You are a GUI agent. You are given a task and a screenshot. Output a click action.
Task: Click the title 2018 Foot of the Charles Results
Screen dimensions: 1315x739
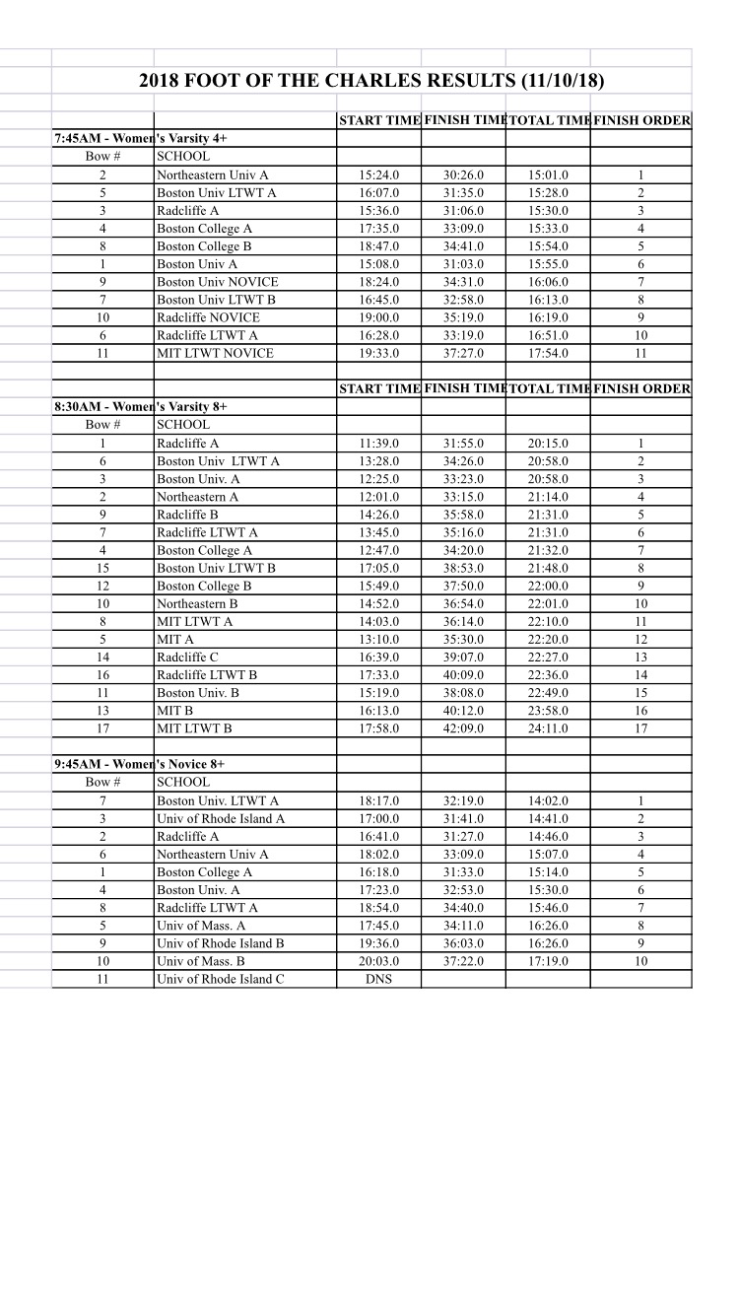click(x=371, y=80)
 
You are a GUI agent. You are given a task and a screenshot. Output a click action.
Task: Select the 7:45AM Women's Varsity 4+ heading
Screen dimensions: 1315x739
click(x=147, y=138)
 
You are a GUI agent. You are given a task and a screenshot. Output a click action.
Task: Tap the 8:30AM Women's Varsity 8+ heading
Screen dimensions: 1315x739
click(x=147, y=406)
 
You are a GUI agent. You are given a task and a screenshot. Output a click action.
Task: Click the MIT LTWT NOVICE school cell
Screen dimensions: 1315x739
click(x=215, y=353)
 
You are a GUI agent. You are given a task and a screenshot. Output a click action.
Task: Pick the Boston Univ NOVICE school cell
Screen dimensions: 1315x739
click(x=217, y=282)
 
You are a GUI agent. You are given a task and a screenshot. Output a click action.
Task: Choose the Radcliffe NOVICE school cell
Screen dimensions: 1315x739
click(x=208, y=317)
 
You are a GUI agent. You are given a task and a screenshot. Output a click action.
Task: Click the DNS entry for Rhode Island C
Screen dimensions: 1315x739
click(x=378, y=979)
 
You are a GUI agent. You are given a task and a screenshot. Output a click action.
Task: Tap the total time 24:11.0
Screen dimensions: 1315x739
click(x=548, y=728)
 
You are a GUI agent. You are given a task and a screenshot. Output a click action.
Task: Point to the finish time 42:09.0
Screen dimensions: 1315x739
click(x=463, y=728)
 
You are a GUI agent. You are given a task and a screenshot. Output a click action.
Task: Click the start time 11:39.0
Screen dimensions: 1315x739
click(x=379, y=444)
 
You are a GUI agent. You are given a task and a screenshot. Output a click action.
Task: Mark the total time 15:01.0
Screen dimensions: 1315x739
click(x=548, y=175)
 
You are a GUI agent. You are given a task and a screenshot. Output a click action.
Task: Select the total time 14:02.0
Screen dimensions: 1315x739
click(x=548, y=800)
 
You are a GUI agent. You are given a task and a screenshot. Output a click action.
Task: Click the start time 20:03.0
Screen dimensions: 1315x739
click(x=379, y=961)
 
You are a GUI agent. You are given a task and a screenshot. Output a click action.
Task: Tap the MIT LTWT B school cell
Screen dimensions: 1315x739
click(x=194, y=728)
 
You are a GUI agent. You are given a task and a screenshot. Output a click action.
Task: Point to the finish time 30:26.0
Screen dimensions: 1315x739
click(x=463, y=175)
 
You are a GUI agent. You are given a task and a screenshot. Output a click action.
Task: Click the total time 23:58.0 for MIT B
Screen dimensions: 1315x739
click(x=548, y=711)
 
